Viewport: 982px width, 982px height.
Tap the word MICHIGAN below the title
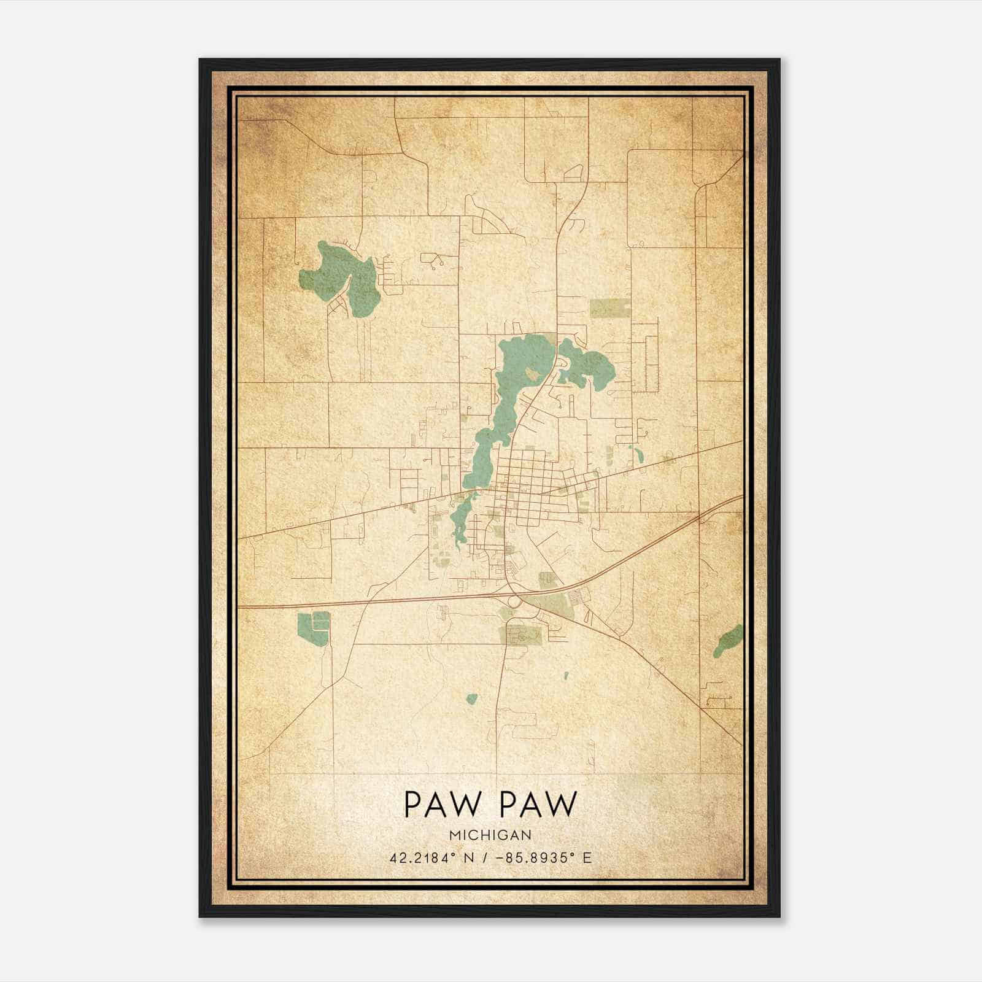tap(490, 835)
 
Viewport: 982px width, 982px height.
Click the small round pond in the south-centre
tap(471, 698)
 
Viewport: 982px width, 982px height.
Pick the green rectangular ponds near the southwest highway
tap(312, 625)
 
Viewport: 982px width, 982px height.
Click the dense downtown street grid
tap(528, 482)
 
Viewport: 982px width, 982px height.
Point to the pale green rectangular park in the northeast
tap(610, 308)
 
